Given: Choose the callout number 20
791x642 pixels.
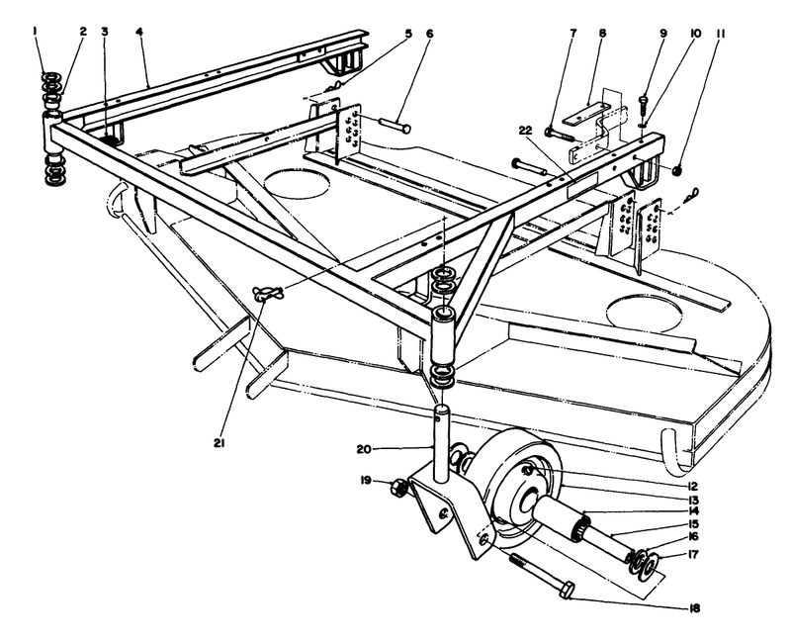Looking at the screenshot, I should [364, 449].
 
